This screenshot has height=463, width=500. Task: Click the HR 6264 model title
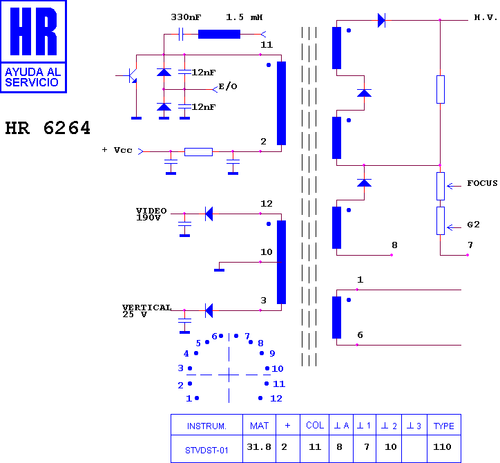coord(48,128)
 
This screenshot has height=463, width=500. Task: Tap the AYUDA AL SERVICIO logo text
coord(33,77)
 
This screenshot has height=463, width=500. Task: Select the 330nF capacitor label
coord(186,17)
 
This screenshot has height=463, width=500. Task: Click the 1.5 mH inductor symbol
coord(219,34)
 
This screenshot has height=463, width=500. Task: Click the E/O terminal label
coord(228,86)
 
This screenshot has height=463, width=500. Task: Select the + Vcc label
coord(117,150)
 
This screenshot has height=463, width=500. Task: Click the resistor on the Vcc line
coord(198,152)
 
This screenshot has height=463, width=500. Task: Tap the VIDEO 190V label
coord(151,214)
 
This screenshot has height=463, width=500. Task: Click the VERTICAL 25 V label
coord(147,311)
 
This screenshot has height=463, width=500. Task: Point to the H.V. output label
coord(485,17)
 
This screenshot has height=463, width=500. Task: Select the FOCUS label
coord(483,183)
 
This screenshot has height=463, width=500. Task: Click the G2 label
coord(474,225)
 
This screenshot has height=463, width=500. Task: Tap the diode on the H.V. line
coord(381,21)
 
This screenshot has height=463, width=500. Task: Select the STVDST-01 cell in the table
coord(206,448)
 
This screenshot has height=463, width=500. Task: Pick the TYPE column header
coord(444,425)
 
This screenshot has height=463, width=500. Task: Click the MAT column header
coord(259,425)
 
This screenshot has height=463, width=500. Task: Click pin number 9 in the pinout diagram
coord(272,354)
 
